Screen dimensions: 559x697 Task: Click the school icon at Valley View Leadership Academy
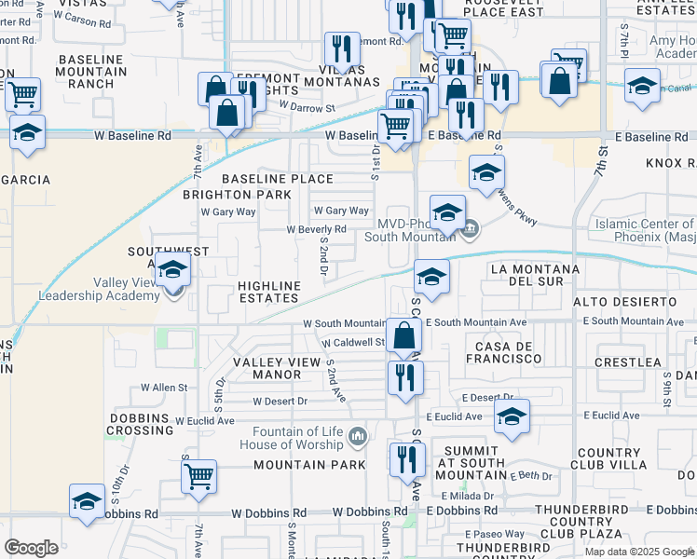(172, 270)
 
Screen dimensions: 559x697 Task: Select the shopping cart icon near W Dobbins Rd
(198, 476)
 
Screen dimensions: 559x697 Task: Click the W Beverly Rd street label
(316, 228)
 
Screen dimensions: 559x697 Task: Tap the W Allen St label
(164, 387)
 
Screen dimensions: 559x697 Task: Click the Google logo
(31, 548)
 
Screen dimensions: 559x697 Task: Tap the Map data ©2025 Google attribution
(639, 552)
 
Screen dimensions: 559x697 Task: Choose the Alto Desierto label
(624, 302)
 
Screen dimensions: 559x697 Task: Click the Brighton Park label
(236, 195)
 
